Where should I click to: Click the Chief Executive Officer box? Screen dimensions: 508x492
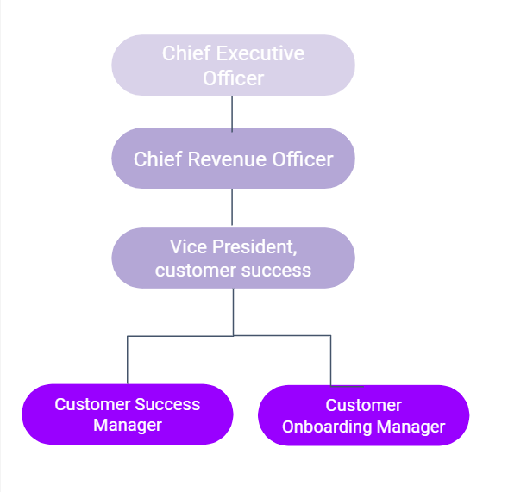click(x=233, y=65)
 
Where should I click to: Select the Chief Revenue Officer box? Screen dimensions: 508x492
click(x=233, y=159)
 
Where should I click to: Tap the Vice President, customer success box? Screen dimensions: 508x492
click(x=233, y=258)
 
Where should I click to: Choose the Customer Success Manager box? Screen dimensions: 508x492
click(x=128, y=414)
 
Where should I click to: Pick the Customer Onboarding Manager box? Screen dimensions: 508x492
click(x=363, y=415)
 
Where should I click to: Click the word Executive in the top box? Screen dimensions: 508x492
click(x=260, y=53)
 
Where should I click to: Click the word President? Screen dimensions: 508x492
click(x=254, y=247)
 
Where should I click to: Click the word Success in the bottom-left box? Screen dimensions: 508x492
click(x=167, y=404)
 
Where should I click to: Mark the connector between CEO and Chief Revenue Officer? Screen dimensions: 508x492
click(x=232, y=114)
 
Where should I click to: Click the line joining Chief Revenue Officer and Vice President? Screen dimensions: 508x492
click(x=232, y=207)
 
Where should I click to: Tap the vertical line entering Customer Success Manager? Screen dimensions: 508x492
click(x=128, y=360)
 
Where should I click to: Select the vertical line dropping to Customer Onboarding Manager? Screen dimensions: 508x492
click(x=330, y=360)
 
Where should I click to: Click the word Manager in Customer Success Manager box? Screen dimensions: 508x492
click(x=128, y=426)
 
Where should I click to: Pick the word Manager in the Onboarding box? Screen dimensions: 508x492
click(x=411, y=427)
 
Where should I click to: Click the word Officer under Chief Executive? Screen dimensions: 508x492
click(x=233, y=78)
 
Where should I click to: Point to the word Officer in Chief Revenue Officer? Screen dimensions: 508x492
click(x=303, y=159)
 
